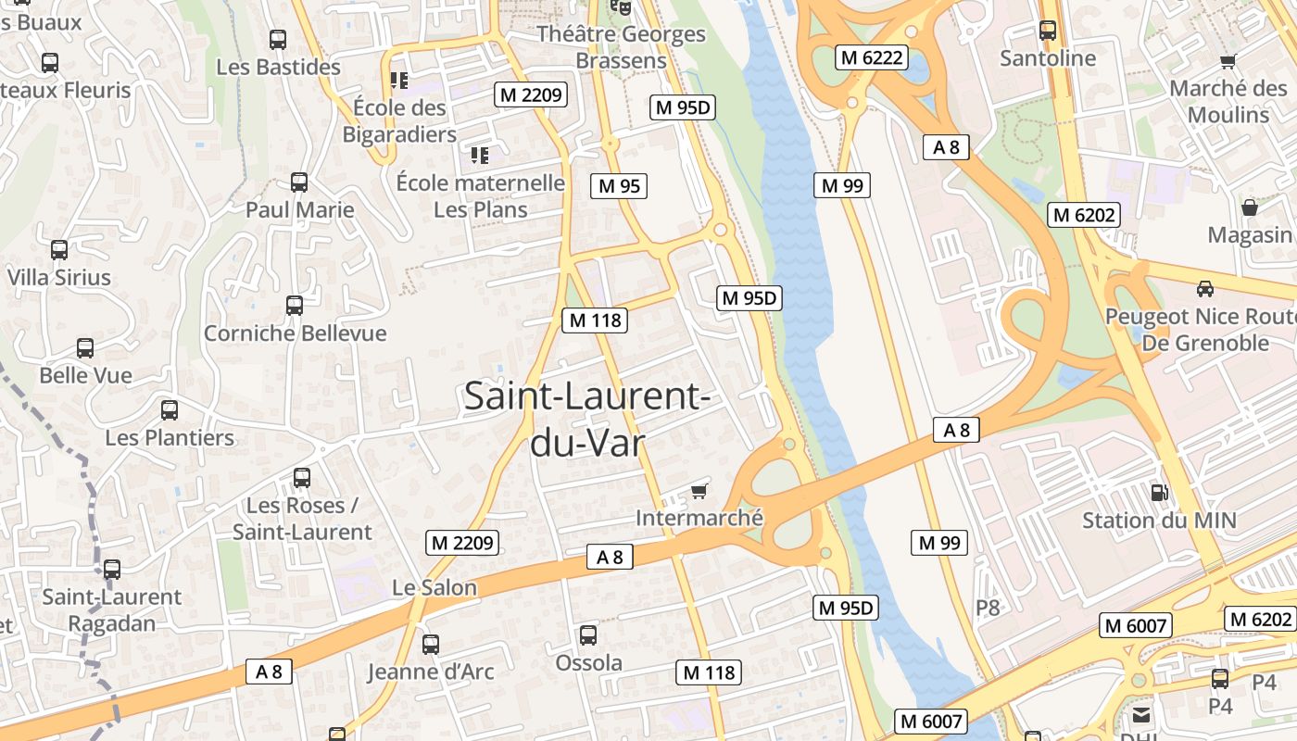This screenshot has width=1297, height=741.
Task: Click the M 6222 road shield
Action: [871, 57]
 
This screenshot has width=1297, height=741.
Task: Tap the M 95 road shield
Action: [619, 185]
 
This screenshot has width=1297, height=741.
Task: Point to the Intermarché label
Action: [699, 518]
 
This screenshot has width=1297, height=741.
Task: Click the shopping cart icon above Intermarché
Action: [699, 490]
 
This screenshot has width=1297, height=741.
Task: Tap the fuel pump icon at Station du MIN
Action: [1159, 493]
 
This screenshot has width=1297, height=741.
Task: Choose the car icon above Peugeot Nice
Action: [1205, 288]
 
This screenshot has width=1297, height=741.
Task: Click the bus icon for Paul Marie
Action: [299, 182]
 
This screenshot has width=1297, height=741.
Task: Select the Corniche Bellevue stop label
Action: [295, 333]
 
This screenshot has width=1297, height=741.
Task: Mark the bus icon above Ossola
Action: [588, 635]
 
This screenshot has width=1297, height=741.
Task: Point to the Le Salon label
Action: [434, 587]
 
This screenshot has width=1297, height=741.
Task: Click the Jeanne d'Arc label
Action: [431, 672]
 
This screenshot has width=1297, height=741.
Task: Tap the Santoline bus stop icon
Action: [1048, 30]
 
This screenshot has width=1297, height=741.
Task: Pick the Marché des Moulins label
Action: [1228, 102]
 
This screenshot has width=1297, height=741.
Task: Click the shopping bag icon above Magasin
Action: [1249, 207]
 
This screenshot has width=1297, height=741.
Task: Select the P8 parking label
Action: [988, 608]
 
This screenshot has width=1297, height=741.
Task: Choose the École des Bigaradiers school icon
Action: [399, 81]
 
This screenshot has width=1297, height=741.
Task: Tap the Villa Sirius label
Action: [58, 277]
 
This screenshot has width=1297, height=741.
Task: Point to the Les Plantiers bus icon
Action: [170, 409]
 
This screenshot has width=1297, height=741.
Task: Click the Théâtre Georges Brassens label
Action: [622, 47]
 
